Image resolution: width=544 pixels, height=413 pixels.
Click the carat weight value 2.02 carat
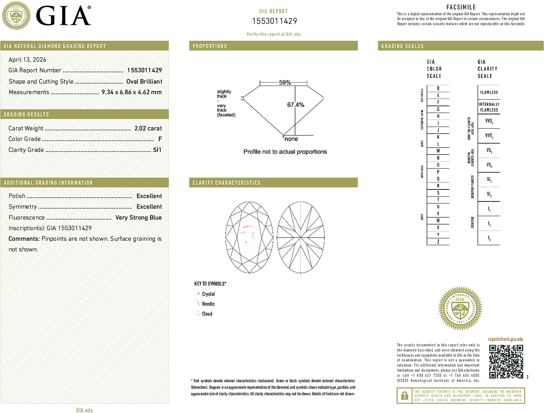148,128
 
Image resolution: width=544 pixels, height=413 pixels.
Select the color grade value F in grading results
160,139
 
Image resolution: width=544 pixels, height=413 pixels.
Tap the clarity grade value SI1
157,150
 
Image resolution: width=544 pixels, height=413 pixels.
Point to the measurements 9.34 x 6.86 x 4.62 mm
131,92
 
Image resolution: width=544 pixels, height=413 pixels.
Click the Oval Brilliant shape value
144,82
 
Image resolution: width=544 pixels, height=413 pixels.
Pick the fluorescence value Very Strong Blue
138,218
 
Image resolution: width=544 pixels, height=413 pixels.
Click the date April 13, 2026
27,60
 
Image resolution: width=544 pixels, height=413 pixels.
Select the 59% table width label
285,82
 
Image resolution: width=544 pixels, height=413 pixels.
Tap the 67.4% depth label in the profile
295,105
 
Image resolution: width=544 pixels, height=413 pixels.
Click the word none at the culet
291,139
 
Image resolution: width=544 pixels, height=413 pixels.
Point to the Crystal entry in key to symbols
208,294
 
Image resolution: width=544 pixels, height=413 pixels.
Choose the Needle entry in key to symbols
208,304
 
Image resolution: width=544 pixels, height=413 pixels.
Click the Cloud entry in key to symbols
207,314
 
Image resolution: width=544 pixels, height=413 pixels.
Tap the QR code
506,362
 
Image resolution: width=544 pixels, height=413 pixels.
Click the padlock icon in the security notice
404,396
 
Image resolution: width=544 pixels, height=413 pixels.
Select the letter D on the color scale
438,88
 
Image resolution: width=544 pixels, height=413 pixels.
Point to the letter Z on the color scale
438,242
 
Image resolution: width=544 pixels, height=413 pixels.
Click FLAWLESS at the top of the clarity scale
489,92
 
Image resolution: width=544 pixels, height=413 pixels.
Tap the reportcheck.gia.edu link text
505,339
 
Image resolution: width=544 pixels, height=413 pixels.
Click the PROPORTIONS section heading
210,46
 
